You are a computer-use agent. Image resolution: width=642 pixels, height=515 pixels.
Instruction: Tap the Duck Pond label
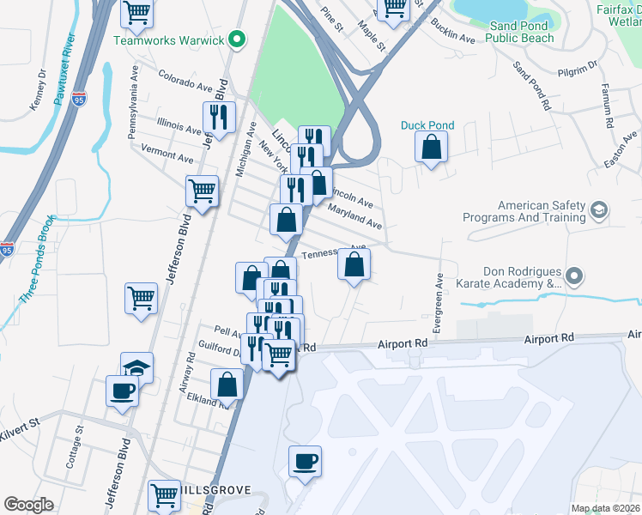pyautogui.click(x=427, y=125)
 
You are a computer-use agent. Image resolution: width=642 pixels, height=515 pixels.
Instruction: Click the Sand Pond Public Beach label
pyautogui.click(x=521, y=32)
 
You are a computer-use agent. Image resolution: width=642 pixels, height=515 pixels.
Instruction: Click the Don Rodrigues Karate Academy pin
pyautogui.click(x=575, y=277)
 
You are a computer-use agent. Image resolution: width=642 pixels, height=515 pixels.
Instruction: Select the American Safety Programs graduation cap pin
pyautogui.click(x=598, y=209)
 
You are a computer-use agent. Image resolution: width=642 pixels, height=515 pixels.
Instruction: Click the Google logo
pyautogui.click(x=28, y=505)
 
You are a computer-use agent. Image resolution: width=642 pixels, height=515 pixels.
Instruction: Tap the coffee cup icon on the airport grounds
pyautogui.click(x=305, y=462)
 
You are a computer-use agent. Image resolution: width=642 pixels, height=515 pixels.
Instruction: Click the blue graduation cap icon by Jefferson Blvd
pyautogui.click(x=136, y=367)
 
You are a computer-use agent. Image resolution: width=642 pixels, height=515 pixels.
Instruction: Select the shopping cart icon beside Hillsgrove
pyautogui.click(x=164, y=494)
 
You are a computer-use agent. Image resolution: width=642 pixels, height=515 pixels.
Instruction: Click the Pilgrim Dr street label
pyautogui.click(x=576, y=76)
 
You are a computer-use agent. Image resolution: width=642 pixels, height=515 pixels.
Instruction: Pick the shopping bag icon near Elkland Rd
pyautogui.click(x=227, y=385)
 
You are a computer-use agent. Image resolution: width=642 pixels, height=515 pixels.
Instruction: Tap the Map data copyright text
pyautogui.click(x=605, y=508)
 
